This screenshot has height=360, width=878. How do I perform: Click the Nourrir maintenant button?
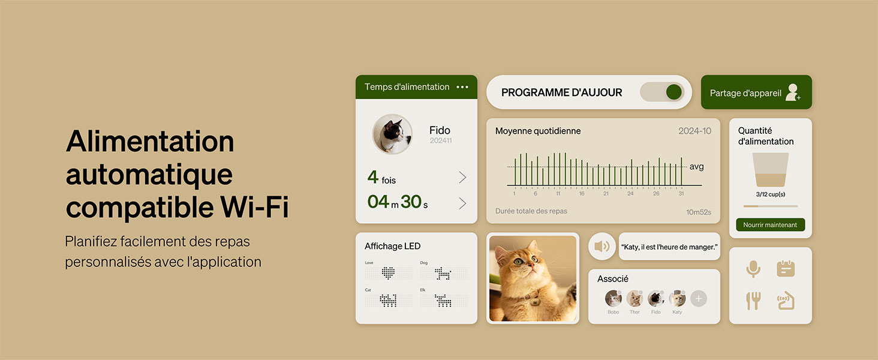click(x=770, y=225)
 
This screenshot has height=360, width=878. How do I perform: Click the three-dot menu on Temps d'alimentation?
click(x=462, y=87)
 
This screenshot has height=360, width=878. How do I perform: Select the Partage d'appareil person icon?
click(x=793, y=92)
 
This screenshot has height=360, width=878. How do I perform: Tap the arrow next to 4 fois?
click(x=462, y=177)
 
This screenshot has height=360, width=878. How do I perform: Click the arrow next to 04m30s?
click(x=462, y=203)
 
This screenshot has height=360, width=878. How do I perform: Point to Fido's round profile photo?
click(x=392, y=134)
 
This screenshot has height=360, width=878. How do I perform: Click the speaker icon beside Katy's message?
click(x=602, y=246)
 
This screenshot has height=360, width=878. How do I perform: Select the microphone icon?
click(x=753, y=269)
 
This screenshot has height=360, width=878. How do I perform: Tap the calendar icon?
click(x=786, y=269)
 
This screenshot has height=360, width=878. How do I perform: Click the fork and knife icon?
click(x=753, y=300)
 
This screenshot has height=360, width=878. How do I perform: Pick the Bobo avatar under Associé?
click(x=613, y=298)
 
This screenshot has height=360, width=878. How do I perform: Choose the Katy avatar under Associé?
click(x=677, y=298)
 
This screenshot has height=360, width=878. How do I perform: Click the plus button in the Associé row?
click(x=699, y=298)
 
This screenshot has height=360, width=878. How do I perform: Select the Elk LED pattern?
click(x=443, y=301)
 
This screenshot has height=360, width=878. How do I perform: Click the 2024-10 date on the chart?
click(x=694, y=131)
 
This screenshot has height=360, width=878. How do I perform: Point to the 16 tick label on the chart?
click(x=582, y=194)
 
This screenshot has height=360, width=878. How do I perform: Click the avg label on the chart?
click(x=696, y=167)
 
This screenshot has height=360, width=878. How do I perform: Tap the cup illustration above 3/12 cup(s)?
click(x=770, y=170)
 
